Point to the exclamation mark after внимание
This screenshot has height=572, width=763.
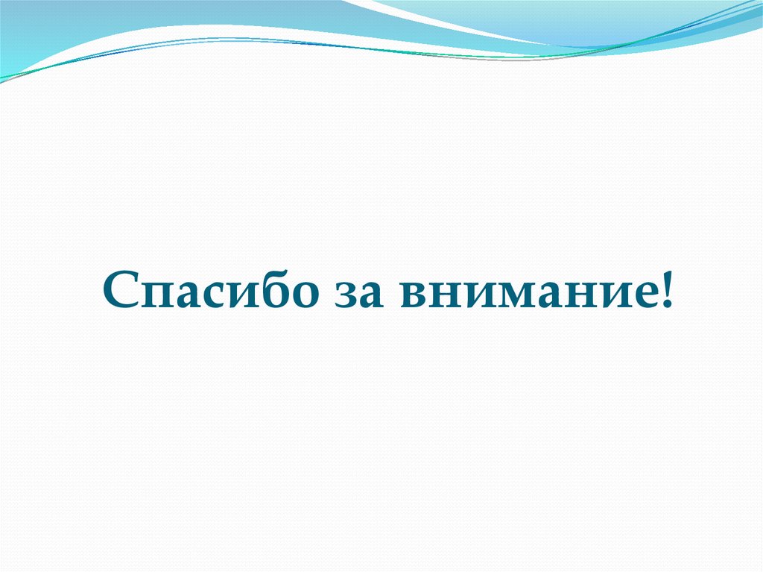[x=664, y=288]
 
